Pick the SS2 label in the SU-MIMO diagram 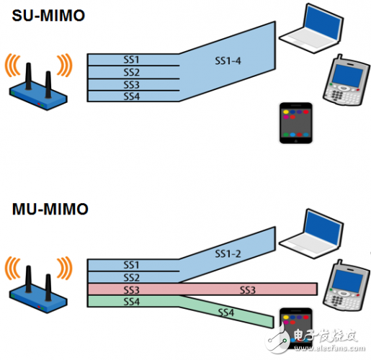131,71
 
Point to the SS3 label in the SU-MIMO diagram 131,84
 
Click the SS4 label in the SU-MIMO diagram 131,96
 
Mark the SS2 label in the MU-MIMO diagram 131,276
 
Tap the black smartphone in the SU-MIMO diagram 295,123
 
